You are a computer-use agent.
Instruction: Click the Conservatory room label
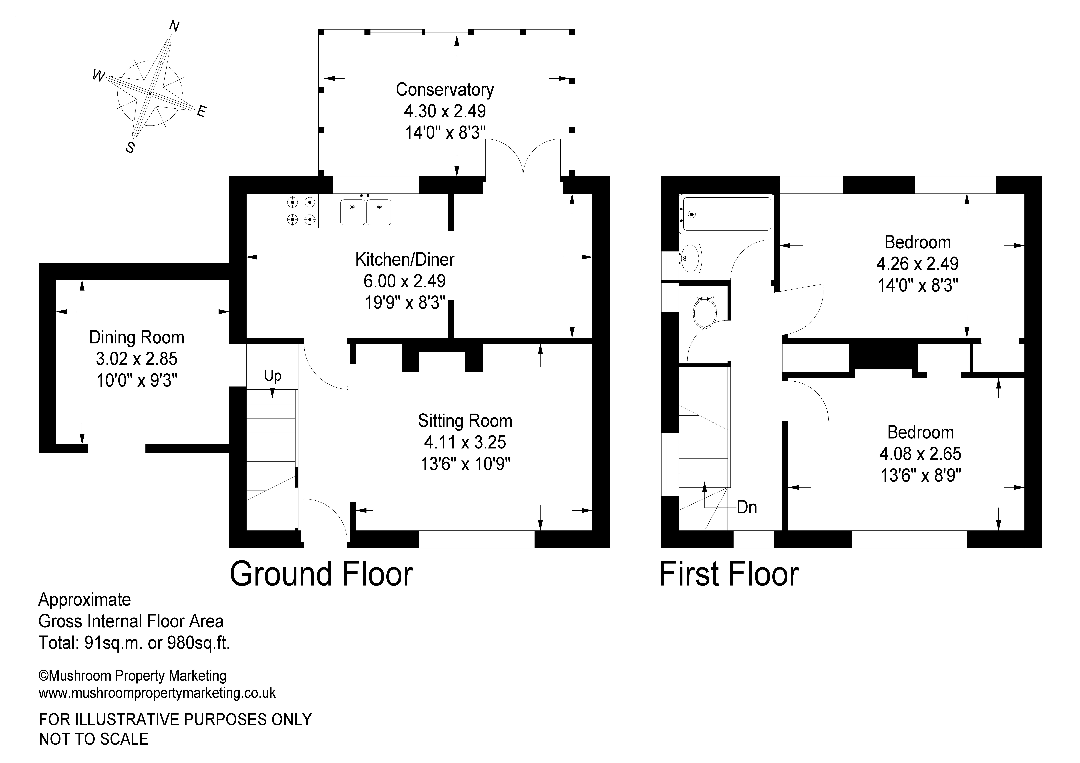pos(444,89)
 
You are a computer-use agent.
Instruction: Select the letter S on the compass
pos(130,148)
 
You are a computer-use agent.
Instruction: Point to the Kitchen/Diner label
pos(404,259)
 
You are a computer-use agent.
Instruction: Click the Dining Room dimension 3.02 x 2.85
pos(136,359)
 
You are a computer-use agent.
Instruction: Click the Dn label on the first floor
pos(746,507)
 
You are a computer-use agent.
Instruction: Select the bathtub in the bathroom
pos(727,214)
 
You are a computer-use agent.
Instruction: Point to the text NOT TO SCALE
pos(94,739)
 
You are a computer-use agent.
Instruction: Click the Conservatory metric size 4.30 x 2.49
pos(444,111)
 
